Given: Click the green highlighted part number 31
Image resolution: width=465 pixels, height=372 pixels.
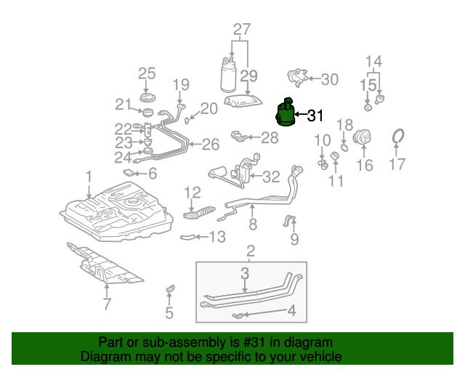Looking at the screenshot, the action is pos(286,113).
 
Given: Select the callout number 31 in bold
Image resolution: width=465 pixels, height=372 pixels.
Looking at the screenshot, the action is pos(315,116).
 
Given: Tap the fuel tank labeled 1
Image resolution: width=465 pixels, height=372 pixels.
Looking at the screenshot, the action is pos(116,211).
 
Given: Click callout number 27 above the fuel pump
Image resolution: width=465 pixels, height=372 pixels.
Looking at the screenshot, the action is pos(242,30).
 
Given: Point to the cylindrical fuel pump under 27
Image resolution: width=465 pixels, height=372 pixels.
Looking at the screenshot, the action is pos(228,74).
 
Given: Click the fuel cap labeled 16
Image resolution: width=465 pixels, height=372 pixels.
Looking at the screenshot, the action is pos(363,137).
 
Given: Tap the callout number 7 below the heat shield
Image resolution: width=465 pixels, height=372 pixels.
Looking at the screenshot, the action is pos(107,303).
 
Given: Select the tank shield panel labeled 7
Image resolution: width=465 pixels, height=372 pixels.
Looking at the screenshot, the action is pos(104,263).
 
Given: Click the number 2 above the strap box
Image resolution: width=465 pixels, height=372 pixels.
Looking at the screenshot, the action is pos(251,251).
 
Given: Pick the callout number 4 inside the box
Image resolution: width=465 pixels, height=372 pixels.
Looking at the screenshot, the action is pos(292,310).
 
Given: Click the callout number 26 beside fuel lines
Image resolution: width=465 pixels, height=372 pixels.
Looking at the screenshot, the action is pos(211,145).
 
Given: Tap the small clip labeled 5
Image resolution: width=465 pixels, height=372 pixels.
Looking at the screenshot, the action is pos(170,288).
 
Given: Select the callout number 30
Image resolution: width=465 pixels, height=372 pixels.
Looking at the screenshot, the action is pos(330,79).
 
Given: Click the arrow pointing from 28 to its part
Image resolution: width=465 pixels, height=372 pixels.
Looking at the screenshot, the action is pos(254,137).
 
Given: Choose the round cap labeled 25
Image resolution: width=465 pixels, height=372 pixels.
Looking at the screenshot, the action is pos(147,98).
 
